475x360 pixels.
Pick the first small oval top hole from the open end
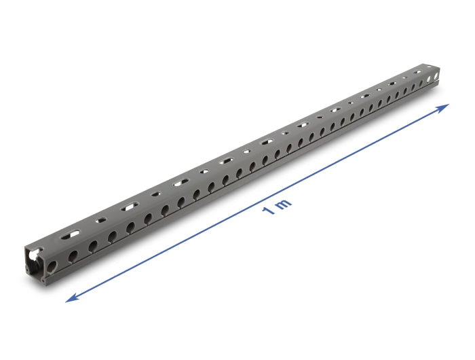(101, 220)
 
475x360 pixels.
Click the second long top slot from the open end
(130, 207)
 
